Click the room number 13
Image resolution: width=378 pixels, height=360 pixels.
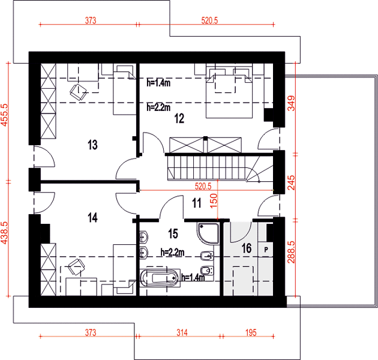(92, 145)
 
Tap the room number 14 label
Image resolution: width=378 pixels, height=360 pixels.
(92, 217)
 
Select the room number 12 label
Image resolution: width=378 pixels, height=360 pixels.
(179, 118)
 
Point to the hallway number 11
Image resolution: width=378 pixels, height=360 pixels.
(197, 203)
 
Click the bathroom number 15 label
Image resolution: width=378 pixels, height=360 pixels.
(173, 233)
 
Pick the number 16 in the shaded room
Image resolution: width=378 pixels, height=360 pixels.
(247, 248)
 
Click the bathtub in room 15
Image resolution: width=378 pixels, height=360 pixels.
(160, 278)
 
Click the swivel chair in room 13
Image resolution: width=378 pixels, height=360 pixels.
(79, 92)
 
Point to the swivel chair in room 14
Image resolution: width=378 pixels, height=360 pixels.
(76, 267)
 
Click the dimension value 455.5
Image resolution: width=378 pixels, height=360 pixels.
(5, 115)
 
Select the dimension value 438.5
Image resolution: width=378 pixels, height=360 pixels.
(5, 233)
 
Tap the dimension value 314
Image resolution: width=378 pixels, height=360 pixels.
(182, 333)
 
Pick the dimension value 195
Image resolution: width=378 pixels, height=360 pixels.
(251, 333)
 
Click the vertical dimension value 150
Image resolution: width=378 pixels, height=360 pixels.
(214, 201)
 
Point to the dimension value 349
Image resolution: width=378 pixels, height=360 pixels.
(291, 103)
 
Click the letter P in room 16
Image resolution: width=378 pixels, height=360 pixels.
(266, 250)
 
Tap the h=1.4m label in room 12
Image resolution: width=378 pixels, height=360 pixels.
(158, 83)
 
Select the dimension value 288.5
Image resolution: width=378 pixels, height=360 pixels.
(291, 252)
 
